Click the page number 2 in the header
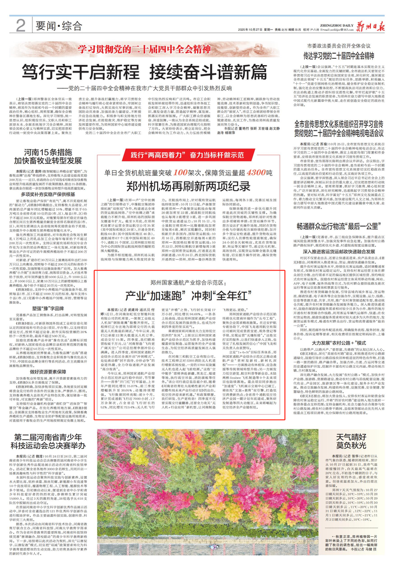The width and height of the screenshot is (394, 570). (21, 25)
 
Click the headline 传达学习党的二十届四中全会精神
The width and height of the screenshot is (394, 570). (343, 56)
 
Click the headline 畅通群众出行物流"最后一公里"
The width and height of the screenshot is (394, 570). (343, 210)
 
